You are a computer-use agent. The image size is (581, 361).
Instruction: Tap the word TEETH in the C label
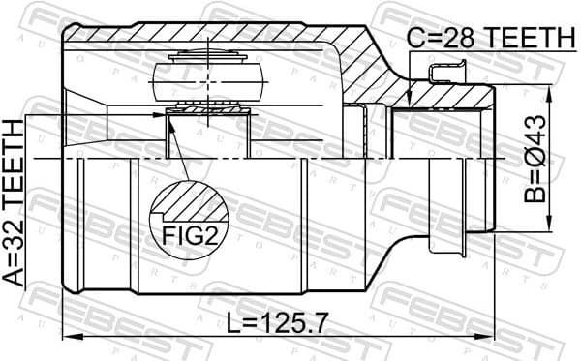click(x=530, y=38)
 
